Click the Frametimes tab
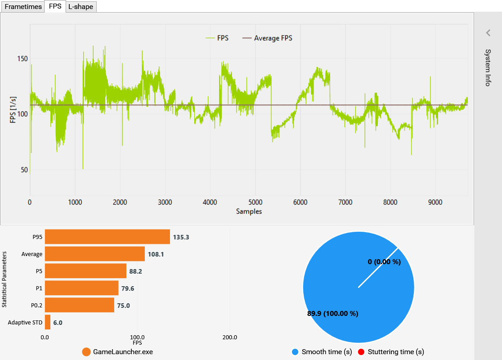(x=23, y=7)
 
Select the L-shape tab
(x=81, y=7)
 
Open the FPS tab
(x=55, y=7)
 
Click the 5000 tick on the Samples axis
(x=255, y=202)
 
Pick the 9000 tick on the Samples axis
(x=435, y=202)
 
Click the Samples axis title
(x=249, y=211)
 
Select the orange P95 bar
(x=107, y=237)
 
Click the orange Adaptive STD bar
(x=47, y=322)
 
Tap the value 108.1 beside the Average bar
(x=156, y=254)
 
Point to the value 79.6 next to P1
(x=129, y=288)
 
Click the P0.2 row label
(x=36, y=306)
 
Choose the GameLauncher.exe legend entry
(x=122, y=352)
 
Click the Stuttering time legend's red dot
(x=360, y=352)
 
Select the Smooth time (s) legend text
(x=327, y=352)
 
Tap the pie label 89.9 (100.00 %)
(x=333, y=314)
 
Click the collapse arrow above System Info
(x=488, y=32)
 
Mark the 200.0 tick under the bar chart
(x=230, y=337)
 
